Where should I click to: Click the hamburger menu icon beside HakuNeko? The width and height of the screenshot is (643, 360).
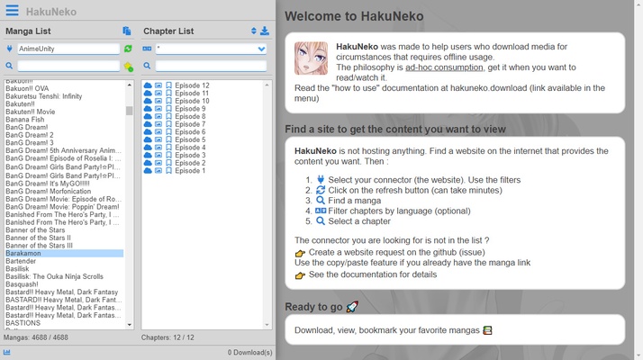click(x=12, y=11)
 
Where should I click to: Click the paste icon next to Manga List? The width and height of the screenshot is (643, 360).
click(x=127, y=31)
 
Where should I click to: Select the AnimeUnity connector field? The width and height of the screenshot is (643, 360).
click(x=68, y=49)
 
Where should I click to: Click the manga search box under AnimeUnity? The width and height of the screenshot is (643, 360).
click(x=68, y=66)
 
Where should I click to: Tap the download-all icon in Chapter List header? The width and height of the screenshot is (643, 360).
click(x=265, y=31)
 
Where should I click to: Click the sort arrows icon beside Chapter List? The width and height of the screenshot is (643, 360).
click(x=254, y=31)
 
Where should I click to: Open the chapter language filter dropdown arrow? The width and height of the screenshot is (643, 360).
click(x=262, y=49)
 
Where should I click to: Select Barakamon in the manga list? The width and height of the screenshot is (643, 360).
click(x=23, y=254)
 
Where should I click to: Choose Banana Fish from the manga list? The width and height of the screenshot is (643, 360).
click(x=25, y=119)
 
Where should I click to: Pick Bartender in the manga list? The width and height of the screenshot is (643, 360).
click(x=22, y=261)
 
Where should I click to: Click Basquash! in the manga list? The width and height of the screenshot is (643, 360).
click(x=23, y=284)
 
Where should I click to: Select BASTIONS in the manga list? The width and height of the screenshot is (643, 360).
click(x=23, y=323)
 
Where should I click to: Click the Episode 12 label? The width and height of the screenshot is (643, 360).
click(x=192, y=85)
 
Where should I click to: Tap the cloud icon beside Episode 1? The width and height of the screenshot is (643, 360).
click(x=148, y=171)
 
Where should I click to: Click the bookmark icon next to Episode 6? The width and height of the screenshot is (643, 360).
click(x=168, y=132)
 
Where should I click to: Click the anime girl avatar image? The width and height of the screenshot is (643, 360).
click(x=311, y=58)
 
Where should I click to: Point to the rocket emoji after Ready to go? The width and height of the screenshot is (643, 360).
click(x=352, y=307)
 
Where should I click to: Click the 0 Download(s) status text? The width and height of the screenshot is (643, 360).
click(x=249, y=352)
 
